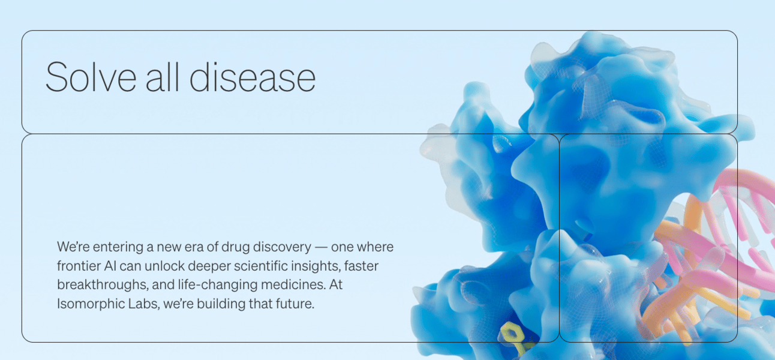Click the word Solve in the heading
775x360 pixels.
(x=91, y=77)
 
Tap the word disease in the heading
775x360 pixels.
(x=253, y=77)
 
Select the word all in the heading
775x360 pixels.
(x=163, y=77)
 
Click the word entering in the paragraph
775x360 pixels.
(x=118, y=247)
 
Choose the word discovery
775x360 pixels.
(x=282, y=247)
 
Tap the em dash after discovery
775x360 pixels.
(x=321, y=247)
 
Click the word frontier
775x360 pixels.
(x=79, y=266)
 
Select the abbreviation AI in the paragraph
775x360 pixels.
(x=110, y=266)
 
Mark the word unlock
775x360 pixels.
(x=165, y=266)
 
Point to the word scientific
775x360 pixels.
(x=260, y=266)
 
